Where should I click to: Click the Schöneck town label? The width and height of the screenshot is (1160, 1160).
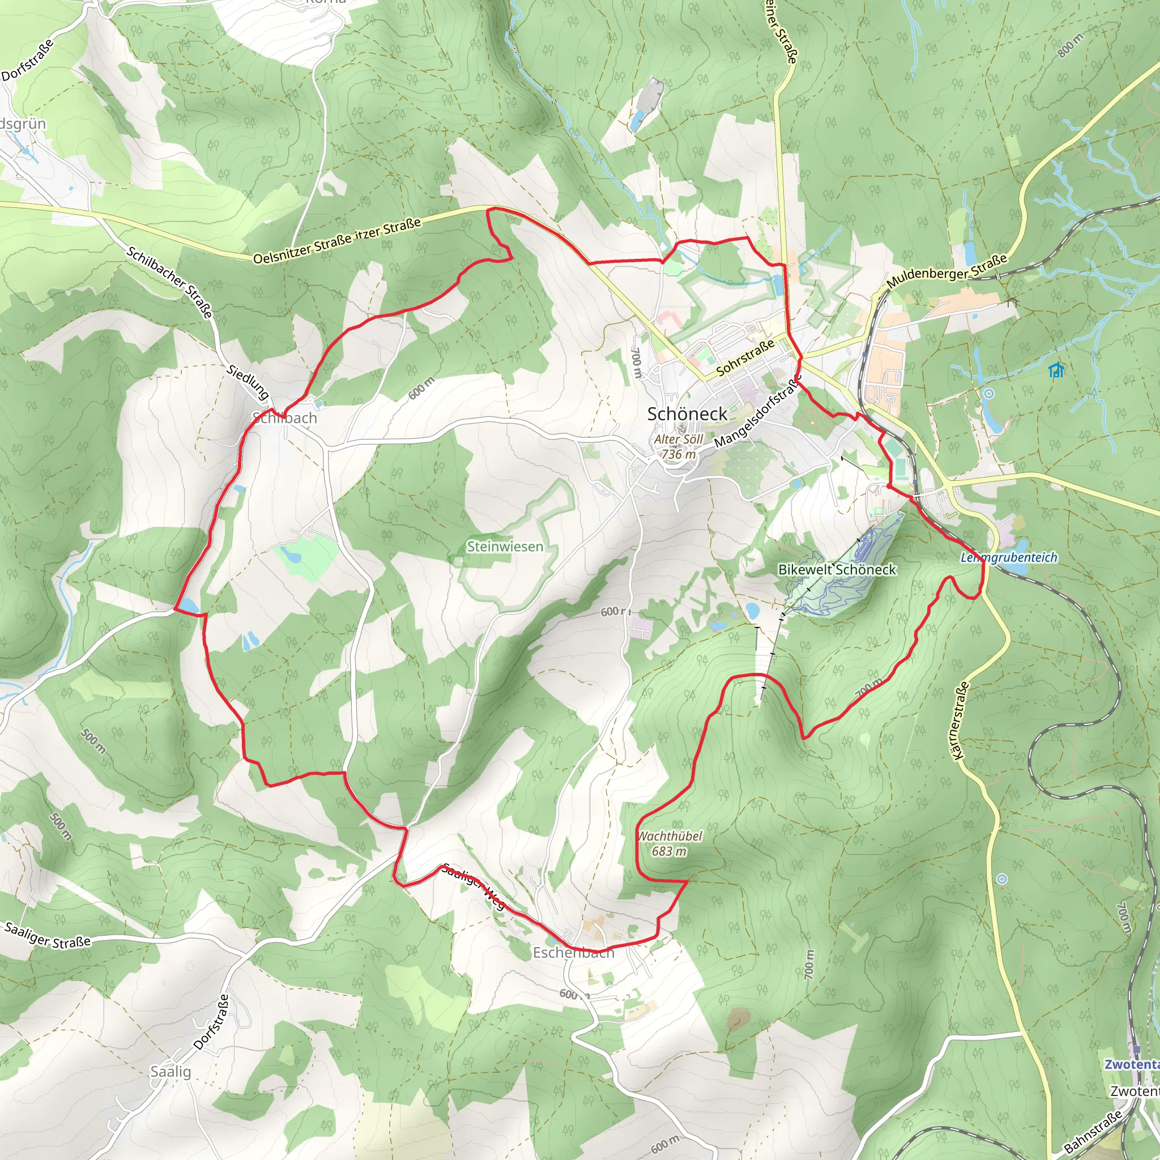pos(687,413)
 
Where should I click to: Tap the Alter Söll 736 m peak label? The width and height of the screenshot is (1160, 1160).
pos(679,446)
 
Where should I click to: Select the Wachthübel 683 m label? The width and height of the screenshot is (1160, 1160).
pos(669,843)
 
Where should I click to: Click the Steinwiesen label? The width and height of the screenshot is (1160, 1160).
pos(505,547)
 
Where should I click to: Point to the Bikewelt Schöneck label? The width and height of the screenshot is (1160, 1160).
pos(837,569)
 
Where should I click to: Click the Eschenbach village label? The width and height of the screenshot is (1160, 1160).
pos(573,952)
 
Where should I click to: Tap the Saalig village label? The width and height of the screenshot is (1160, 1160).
pos(170,1072)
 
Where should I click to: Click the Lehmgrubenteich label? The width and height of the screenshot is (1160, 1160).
pos(1009,557)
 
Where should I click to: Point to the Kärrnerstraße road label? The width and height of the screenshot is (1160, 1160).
pos(961,720)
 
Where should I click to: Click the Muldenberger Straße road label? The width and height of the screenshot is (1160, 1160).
pos(946,271)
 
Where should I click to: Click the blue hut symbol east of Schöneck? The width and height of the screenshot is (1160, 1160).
pos(1056,370)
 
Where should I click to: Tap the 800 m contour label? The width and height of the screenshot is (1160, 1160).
pos(1071,46)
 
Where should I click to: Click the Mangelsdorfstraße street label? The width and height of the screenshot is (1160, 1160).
pos(758,412)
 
